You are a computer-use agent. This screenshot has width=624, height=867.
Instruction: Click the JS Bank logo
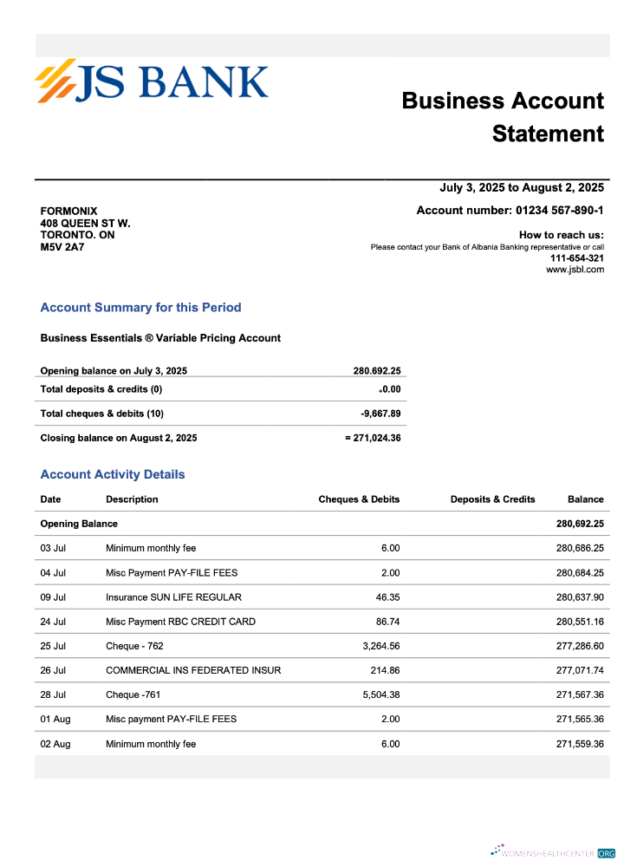(152, 81)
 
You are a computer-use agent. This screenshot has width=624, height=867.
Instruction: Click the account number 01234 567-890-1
(559, 211)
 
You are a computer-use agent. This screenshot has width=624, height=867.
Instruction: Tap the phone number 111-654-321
(577, 258)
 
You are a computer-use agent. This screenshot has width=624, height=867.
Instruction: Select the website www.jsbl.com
(575, 270)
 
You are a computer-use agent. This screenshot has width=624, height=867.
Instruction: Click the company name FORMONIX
(69, 212)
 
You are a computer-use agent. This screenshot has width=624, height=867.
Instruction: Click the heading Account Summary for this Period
(140, 308)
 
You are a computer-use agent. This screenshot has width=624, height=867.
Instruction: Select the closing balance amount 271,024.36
(377, 438)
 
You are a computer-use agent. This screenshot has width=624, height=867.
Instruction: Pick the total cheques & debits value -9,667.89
(380, 414)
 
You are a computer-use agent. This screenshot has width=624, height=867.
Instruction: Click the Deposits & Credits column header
(492, 499)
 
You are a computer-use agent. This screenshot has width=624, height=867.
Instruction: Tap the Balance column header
(585, 499)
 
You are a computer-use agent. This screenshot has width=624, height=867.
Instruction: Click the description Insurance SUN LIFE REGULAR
(173, 597)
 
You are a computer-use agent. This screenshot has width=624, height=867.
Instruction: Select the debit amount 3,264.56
(380, 646)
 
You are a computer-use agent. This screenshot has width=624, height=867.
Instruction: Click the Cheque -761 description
(133, 694)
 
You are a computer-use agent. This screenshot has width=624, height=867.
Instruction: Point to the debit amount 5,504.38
(380, 694)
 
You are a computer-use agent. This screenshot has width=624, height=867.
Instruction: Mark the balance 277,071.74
(579, 670)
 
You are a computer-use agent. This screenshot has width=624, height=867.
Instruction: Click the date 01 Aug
(55, 719)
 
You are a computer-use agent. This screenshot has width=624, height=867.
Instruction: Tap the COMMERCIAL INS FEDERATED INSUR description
(193, 670)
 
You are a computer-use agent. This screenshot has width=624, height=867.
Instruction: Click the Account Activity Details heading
(113, 475)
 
